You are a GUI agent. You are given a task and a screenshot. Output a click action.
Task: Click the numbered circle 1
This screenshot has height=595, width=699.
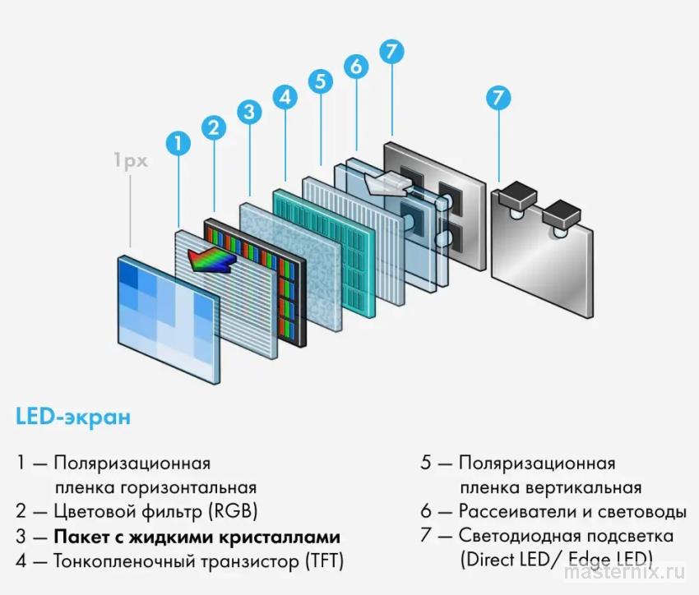(x=177, y=143)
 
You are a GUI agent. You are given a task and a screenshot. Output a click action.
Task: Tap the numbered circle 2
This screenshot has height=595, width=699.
(x=213, y=127)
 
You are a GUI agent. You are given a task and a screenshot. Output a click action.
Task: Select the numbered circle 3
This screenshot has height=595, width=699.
(x=249, y=112)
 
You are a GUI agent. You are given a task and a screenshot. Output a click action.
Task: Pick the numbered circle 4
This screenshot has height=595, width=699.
(x=285, y=97)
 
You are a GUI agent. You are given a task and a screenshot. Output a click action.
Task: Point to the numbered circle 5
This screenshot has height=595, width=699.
(x=320, y=81)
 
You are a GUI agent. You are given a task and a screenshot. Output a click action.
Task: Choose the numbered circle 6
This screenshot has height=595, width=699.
(x=355, y=66)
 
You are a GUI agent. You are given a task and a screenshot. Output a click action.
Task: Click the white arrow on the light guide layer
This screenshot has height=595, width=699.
(x=383, y=183)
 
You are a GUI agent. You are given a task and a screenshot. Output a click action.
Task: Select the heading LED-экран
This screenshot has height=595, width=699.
(x=72, y=417)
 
